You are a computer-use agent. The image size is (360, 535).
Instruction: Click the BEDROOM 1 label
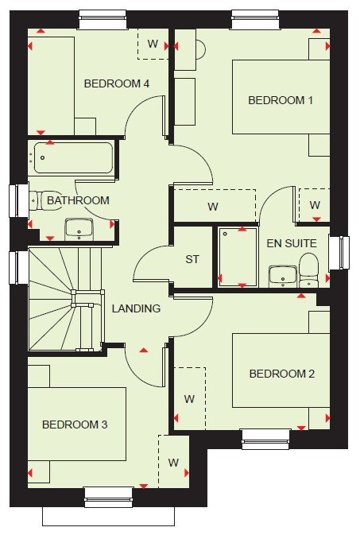click(281, 100)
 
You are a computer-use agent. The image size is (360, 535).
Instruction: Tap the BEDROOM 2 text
click(282, 374)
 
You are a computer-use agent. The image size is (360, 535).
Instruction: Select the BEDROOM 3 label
click(75, 425)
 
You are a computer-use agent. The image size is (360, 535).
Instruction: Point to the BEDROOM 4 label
click(117, 83)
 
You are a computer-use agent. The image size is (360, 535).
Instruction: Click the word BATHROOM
click(78, 200)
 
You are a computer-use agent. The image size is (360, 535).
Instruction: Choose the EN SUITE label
click(292, 243)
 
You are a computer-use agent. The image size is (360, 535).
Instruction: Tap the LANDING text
click(136, 308)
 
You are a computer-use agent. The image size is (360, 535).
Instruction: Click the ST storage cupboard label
click(192, 259)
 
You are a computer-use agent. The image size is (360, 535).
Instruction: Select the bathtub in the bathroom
click(73, 158)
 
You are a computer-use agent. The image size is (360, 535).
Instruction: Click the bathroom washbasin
click(79, 229)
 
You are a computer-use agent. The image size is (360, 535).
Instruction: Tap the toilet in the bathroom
click(45, 200)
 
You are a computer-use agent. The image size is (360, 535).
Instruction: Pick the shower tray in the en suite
click(238, 257)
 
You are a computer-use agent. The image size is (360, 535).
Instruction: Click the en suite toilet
click(308, 270)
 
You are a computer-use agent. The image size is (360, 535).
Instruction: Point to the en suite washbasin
click(283, 277)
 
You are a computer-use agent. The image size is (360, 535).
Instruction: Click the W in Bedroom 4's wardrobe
click(153, 44)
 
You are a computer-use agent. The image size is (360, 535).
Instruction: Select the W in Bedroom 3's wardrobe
click(173, 463)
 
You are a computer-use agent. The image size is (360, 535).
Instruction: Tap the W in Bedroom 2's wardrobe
click(189, 399)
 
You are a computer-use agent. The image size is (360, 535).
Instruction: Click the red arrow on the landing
click(144, 350)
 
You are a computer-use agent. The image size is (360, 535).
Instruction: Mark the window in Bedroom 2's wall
click(265, 439)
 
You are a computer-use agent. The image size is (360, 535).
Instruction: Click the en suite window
click(339, 253)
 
